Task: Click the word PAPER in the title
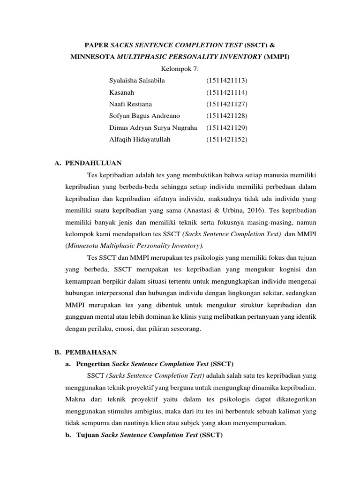click(x=96, y=45)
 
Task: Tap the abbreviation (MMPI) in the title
click(x=277, y=57)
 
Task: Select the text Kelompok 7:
click(x=180, y=69)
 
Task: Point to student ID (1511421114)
click(x=226, y=92)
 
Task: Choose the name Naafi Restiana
click(x=130, y=104)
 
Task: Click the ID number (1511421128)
click(x=226, y=116)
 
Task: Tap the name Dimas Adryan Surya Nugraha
click(x=153, y=127)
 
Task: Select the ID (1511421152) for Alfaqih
click(x=226, y=139)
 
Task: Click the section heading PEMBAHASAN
click(x=90, y=352)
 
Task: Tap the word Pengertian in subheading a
click(x=93, y=364)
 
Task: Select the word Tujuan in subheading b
click(x=88, y=435)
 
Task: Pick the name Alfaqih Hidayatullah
click(x=140, y=139)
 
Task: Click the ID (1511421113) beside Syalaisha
click(x=226, y=81)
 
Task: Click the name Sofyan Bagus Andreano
click(x=144, y=116)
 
